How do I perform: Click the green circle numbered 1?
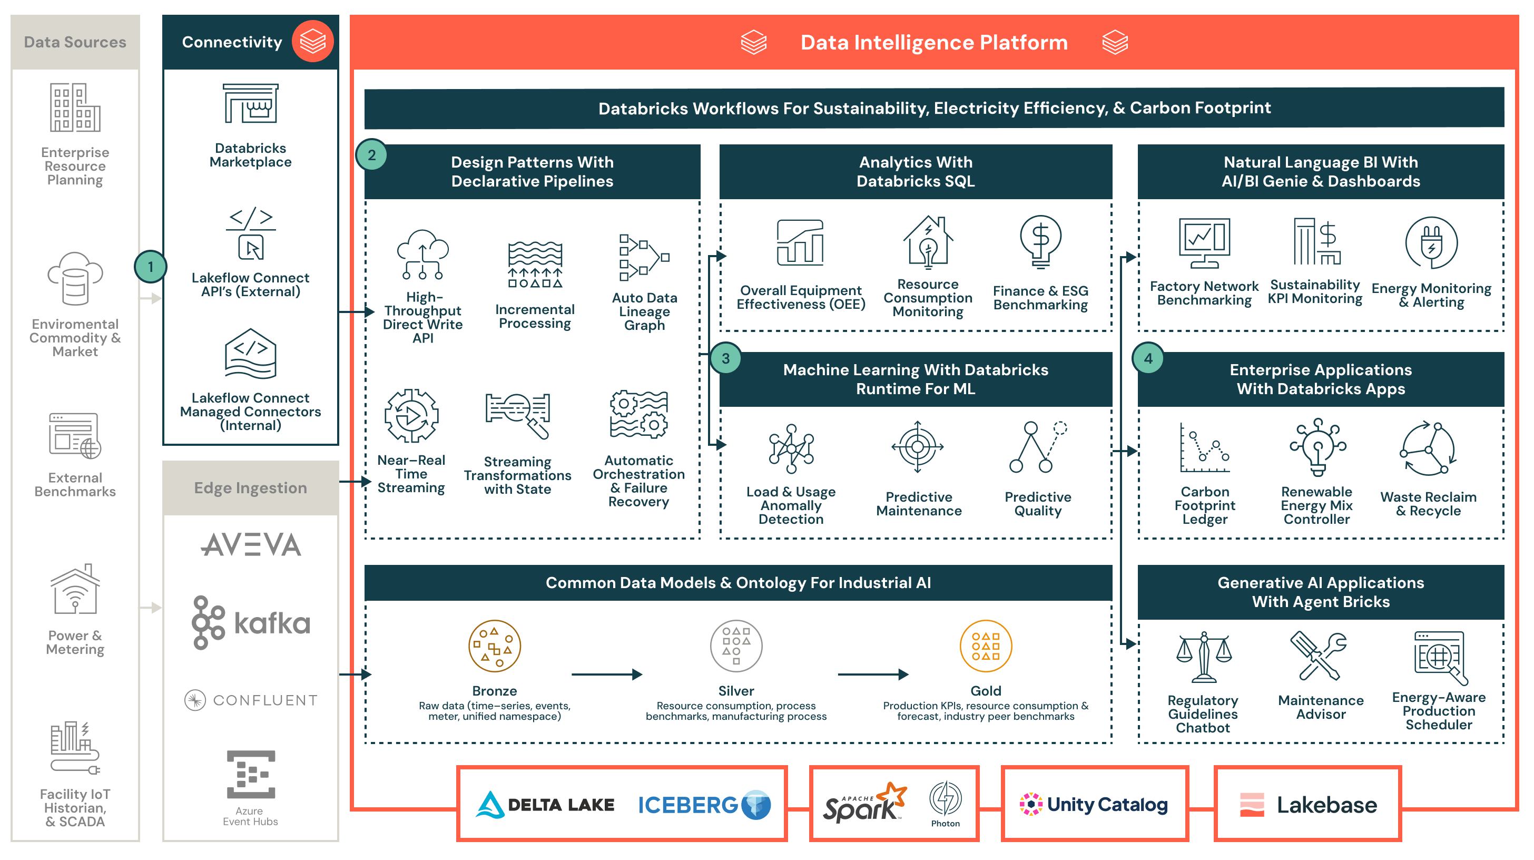pos(150,266)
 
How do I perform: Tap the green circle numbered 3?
pos(725,358)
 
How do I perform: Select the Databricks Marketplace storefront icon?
pos(251,104)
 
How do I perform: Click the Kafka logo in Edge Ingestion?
pos(251,622)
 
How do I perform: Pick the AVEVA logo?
pos(251,544)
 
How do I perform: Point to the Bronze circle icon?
pos(494,646)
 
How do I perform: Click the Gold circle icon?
pos(986,646)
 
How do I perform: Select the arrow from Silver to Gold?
pos(872,674)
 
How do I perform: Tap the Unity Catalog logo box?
pos(1094,804)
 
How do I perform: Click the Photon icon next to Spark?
pos(945,799)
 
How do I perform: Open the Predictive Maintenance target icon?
pos(917,447)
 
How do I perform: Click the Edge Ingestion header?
pos(251,488)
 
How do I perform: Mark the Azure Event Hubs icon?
pos(251,774)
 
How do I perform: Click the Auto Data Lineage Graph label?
pos(644,311)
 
